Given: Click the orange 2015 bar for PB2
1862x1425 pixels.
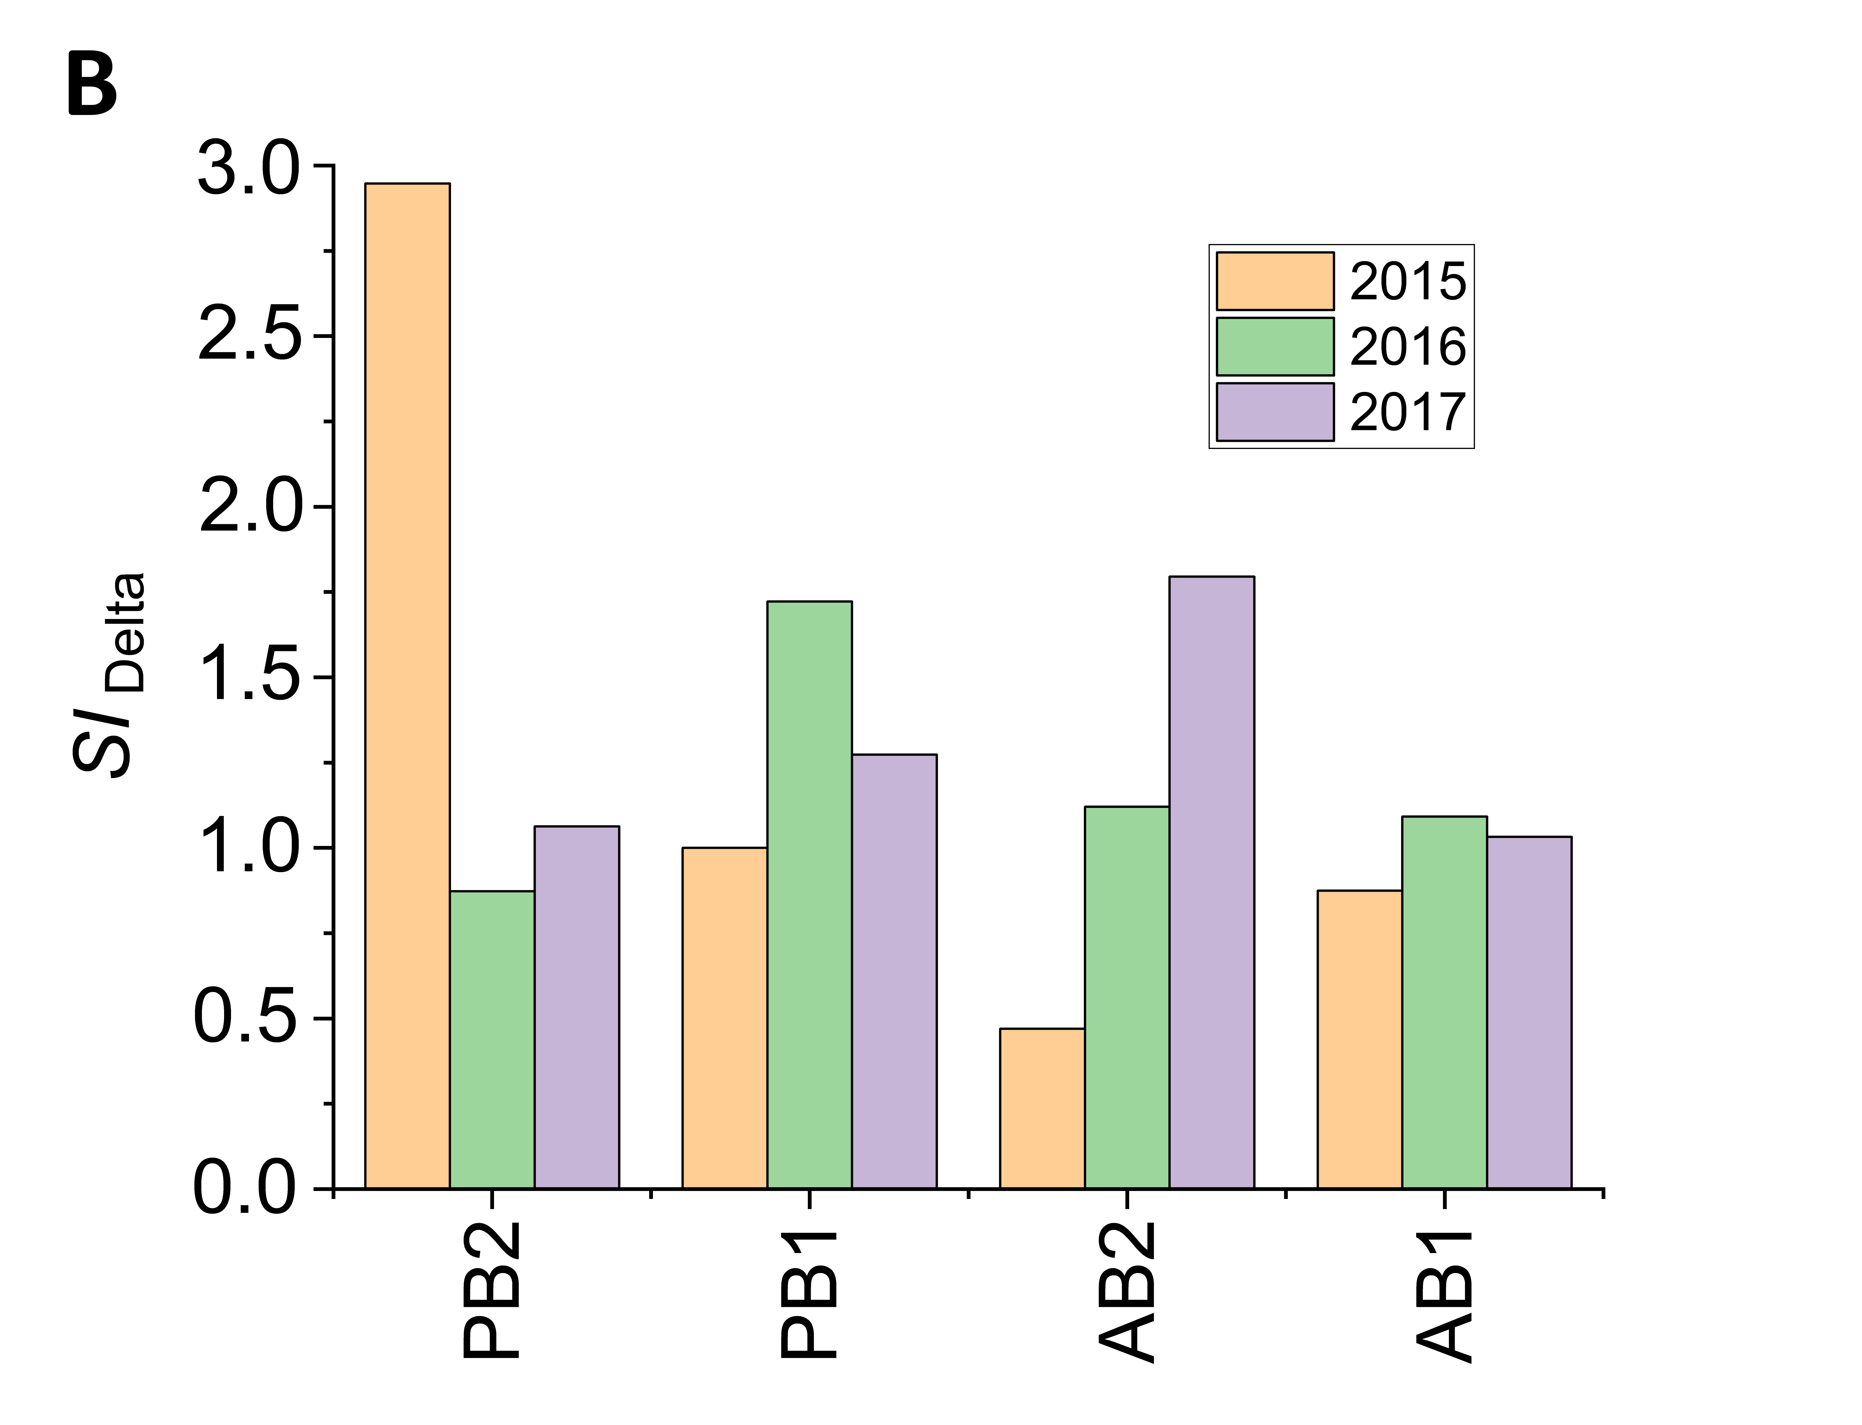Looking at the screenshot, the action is [407, 685].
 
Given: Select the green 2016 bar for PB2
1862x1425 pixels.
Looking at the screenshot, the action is [492, 1040].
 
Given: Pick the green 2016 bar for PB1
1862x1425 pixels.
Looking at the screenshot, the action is [809, 895].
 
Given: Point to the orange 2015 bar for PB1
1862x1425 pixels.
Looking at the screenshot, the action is [724, 1018].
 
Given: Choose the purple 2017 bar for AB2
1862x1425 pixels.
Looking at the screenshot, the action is [1211, 882].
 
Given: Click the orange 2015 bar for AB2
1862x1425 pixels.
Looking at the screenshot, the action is [1042, 1109].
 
